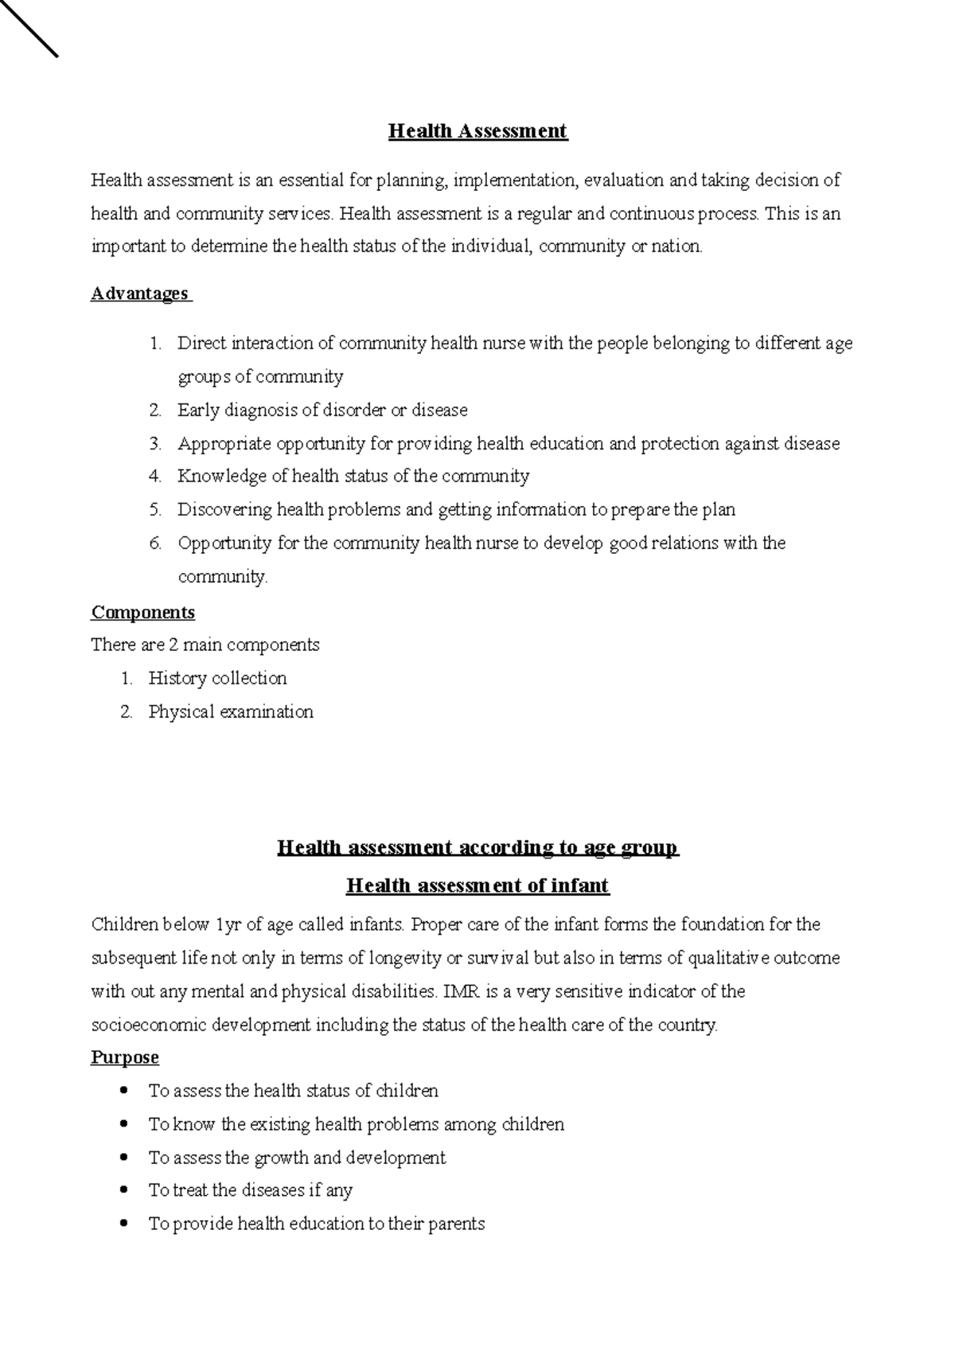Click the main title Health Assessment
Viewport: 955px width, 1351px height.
pos(477,131)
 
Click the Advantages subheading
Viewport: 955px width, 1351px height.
pos(140,294)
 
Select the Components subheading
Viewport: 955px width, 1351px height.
pos(142,612)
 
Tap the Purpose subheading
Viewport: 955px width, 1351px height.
pos(125,1057)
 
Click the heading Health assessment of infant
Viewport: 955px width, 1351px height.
pos(477,886)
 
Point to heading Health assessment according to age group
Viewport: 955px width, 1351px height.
pos(477,847)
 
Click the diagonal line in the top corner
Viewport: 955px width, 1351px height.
pos(29,28)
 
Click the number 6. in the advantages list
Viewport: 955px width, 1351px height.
pos(155,543)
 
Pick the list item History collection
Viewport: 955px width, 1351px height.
pos(217,679)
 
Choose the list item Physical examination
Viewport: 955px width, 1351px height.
pos(231,712)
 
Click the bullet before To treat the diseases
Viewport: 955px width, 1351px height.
pos(123,1190)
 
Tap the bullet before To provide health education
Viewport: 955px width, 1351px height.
pos(123,1224)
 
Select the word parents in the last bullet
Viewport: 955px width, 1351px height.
pos(457,1224)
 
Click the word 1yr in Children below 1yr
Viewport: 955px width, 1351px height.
pos(224,925)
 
